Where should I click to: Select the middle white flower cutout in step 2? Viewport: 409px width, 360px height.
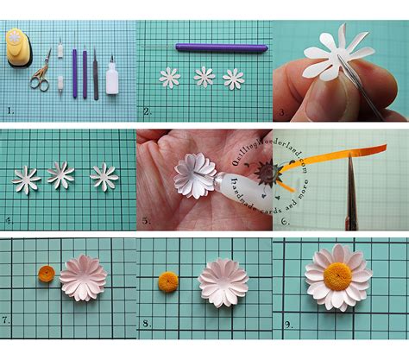click(x=204, y=77)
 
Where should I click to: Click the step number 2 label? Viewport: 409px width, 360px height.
click(x=147, y=110)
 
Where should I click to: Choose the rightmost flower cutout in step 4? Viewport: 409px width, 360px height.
click(x=104, y=176)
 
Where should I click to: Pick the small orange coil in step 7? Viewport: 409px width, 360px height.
click(x=46, y=276)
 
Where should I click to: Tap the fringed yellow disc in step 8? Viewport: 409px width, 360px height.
click(x=167, y=281)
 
